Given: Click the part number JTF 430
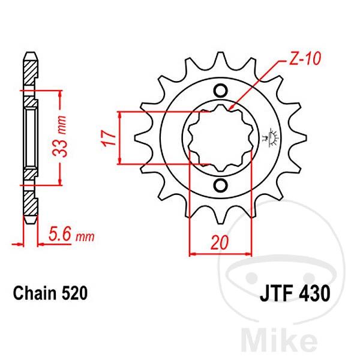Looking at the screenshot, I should tap(294, 295).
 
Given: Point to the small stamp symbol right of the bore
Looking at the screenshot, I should tap(268, 137).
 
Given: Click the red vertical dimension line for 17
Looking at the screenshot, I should tap(122, 137).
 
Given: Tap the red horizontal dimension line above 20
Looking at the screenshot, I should tap(220, 254).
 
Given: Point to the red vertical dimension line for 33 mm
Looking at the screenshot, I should tap(60, 137).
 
